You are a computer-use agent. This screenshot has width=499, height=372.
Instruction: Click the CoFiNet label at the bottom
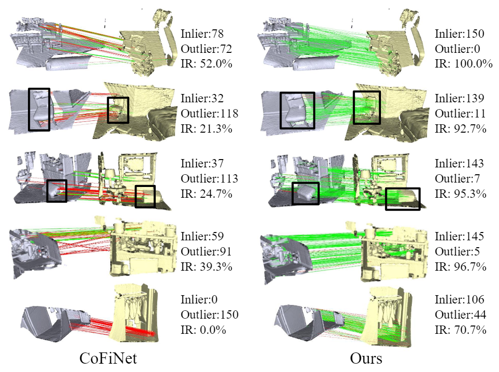[x=108, y=358]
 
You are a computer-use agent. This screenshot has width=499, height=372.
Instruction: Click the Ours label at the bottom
[x=366, y=358]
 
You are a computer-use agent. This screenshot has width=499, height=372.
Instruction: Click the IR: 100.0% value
[x=464, y=64]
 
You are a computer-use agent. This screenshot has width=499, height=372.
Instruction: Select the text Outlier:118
[x=210, y=114]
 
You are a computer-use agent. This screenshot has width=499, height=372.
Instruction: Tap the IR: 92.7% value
[x=461, y=129]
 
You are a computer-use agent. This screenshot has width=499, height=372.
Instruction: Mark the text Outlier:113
[x=210, y=178]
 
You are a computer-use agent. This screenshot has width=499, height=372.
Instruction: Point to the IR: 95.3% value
[x=461, y=193]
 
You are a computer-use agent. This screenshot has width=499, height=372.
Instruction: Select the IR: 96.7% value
[x=461, y=267]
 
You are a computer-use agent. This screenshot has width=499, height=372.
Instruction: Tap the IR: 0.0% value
[x=203, y=330]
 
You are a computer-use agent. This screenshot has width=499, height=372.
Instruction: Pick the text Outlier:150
[x=210, y=315]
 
